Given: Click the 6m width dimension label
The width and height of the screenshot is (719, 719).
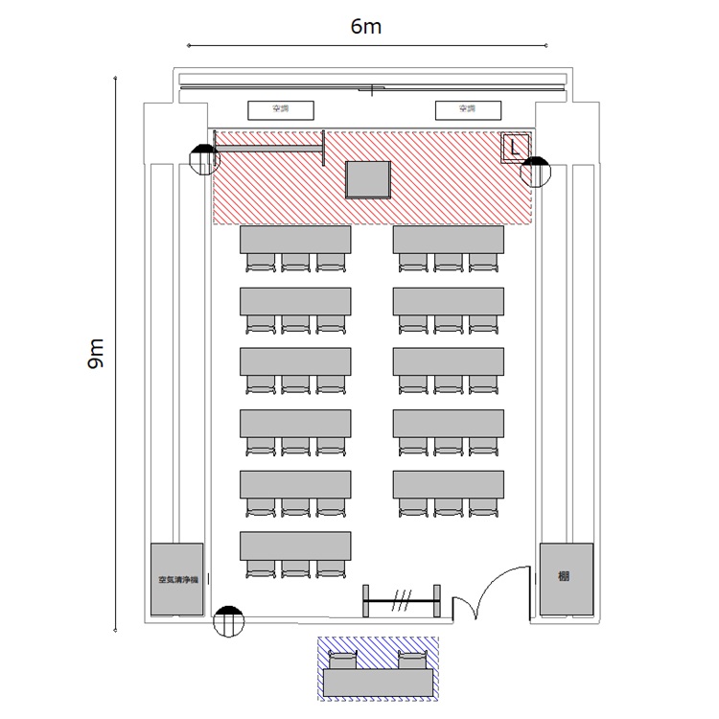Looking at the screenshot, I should click(x=366, y=27).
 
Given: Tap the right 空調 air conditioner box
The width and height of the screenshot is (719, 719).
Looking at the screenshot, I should click(x=466, y=110).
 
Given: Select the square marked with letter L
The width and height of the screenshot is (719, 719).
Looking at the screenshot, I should click(x=515, y=148).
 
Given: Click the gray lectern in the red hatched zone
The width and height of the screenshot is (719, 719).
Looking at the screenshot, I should click(x=368, y=180).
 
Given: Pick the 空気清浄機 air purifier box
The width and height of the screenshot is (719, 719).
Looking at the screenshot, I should click(x=177, y=579).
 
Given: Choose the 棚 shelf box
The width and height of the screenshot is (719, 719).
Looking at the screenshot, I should click(x=566, y=578).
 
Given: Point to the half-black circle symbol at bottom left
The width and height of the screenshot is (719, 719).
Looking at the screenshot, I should click(x=227, y=620).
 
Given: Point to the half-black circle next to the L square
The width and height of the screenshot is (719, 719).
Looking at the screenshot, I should click(x=535, y=171).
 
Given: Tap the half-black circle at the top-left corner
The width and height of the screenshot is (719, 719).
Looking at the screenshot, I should click(x=204, y=159).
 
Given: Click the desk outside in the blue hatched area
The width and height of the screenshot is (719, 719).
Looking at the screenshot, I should click(x=378, y=683).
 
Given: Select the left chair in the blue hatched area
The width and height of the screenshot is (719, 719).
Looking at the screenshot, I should click(x=343, y=660).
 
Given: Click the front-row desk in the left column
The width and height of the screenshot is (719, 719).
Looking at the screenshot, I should click(x=295, y=239).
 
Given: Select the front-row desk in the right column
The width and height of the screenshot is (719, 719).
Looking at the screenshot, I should click(x=449, y=239).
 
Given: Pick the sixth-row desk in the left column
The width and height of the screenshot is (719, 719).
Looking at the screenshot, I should click(x=295, y=545).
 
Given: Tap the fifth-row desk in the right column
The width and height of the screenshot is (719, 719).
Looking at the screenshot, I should click(x=449, y=484).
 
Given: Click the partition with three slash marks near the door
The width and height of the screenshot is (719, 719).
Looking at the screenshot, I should click(x=403, y=601).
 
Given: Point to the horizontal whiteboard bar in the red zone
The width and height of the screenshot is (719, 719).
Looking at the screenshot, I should click(x=269, y=148).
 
